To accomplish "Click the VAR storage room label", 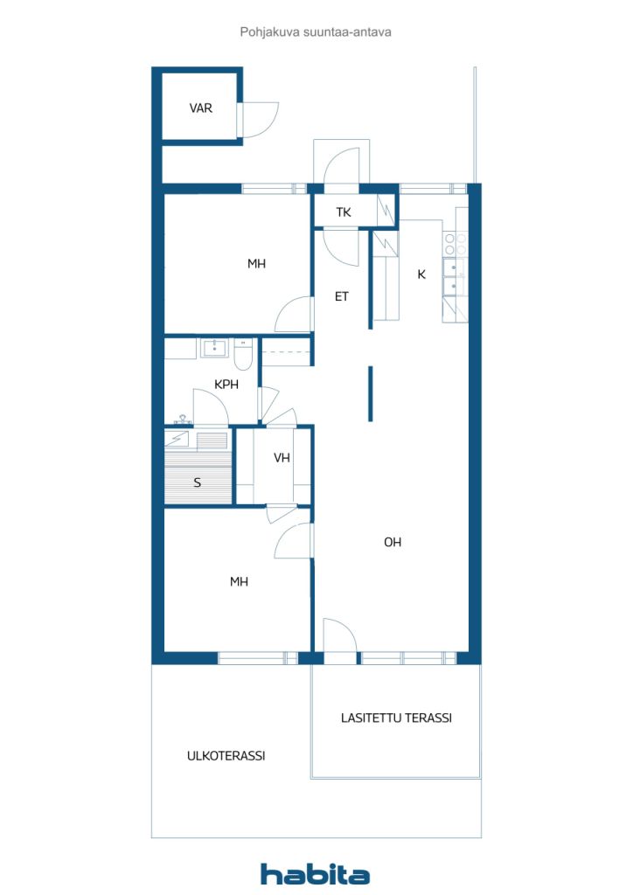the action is [x=200, y=108].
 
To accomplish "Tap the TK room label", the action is [x=343, y=212].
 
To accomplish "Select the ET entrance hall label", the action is [x=341, y=297].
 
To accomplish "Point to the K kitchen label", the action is [x=421, y=274].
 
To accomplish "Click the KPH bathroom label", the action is [x=226, y=385].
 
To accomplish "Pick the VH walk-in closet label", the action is [x=282, y=458].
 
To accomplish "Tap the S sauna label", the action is [x=197, y=482].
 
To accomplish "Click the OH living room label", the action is [x=393, y=542].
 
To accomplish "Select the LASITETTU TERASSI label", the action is [x=396, y=718].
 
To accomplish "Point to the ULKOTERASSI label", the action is [x=226, y=756].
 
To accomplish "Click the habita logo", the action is [x=315, y=874].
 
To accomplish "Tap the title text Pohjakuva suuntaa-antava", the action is [x=315, y=32].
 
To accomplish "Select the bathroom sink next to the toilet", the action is [x=214, y=347].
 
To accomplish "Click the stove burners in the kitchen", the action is [x=456, y=245].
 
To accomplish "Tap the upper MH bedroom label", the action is [x=256, y=264].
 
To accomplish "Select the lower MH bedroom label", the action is [x=239, y=581].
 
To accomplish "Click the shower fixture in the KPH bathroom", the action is [x=183, y=420].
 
